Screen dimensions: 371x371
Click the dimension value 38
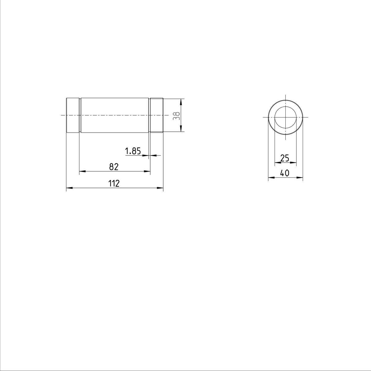(x=177, y=116)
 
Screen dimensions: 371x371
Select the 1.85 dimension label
(x=133, y=151)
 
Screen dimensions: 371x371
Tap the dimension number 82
(x=114, y=167)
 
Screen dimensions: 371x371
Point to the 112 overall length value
(x=114, y=184)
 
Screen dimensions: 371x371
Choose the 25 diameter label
(x=284, y=158)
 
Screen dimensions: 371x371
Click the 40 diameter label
(x=284, y=173)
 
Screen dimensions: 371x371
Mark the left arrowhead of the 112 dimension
(x=69, y=188)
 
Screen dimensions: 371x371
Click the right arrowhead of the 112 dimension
(x=160, y=188)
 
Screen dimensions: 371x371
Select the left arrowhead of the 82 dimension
(x=82, y=171)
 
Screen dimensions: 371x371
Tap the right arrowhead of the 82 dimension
(x=147, y=171)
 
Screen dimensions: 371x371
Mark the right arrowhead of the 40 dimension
(x=300, y=177)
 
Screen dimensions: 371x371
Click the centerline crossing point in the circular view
(x=286, y=117)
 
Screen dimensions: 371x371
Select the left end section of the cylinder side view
(x=73, y=116)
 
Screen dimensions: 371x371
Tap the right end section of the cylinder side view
(x=156, y=116)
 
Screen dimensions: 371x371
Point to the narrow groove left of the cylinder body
(x=80, y=116)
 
